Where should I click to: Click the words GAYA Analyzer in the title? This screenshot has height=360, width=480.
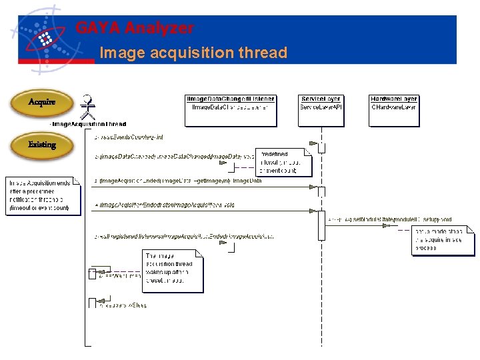click(x=135, y=29)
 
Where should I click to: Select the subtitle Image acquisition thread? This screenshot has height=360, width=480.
click(x=193, y=53)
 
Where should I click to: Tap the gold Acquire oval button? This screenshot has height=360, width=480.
click(x=41, y=103)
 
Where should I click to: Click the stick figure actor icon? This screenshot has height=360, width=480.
click(x=86, y=107)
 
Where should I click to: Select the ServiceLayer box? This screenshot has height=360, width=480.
click(x=321, y=103)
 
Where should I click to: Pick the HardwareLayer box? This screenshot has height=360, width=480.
click(x=393, y=103)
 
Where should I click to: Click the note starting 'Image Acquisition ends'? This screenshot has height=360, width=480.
click(x=43, y=195)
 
